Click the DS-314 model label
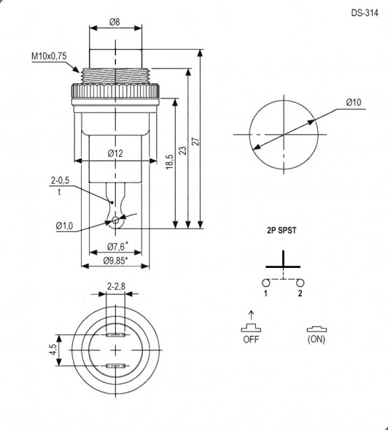(x=365, y=13)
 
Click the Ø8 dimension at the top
(x=115, y=22)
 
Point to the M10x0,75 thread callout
(x=49, y=56)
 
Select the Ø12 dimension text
(x=115, y=153)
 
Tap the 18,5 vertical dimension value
(x=170, y=161)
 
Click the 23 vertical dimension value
(x=183, y=150)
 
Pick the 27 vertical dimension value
(x=195, y=142)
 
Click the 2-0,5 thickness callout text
(x=60, y=180)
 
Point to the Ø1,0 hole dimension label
(x=64, y=226)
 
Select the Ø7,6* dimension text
(x=116, y=247)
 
